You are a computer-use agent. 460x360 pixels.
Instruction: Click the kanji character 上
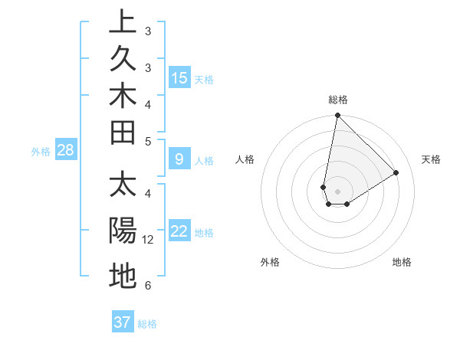click(x=123, y=22)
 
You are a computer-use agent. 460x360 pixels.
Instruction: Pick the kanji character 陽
click(x=123, y=231)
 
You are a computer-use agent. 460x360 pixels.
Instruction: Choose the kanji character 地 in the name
click(x=123, y=276)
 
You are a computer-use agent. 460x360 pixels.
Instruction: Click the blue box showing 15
click(x=179, y=77)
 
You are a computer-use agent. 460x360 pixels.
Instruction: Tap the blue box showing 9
click(x=179, y=159)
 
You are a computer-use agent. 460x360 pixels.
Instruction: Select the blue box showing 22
click(x=179, y=231)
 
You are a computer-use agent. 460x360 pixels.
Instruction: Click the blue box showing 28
click(x=66, y=150)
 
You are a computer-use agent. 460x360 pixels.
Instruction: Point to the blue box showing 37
click(x=123, y=322)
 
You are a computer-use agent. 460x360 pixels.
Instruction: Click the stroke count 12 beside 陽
click(x=149, y=240)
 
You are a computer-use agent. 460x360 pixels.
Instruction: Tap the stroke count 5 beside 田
click(x=148, y=142)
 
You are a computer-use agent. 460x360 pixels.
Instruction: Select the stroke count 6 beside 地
click(x=148, y=286)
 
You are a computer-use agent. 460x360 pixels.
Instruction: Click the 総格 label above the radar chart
click(x=337, y=100)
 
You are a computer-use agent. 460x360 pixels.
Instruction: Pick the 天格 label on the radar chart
click(x=431, y=159)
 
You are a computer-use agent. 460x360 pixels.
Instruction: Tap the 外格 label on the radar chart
click(x=270, y=262)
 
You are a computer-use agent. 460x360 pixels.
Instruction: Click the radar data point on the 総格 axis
click(x=337, y=116)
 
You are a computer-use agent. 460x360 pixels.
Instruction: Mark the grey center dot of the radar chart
click(x=337, y=191)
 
